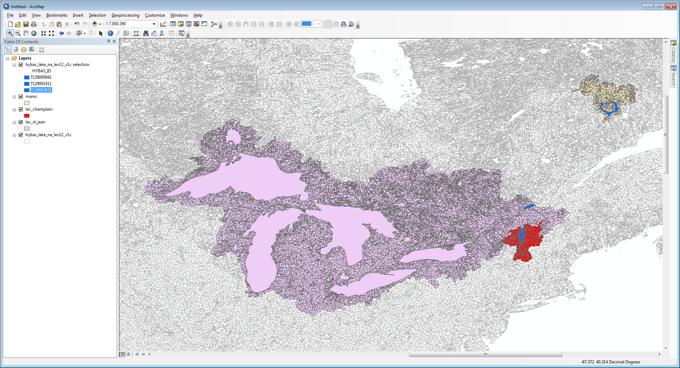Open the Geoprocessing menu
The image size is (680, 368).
pyautogui.click(x=125, y=15)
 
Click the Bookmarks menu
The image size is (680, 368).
pyautogui.click(x=57, y=15)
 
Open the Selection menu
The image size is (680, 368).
pyautogui.click(x=97, y=15)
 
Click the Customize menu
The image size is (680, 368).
pyautogui.click(x=155, y=15)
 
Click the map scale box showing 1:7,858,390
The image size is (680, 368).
pyautogui.click(x=128, y=24)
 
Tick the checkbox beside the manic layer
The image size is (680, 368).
pyautogui.click(x=21, y=96)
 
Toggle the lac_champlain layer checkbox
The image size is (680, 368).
pyautogui.click(x=21, y=109)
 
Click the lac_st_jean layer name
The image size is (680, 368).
pyautogui.click(x=35, y=122)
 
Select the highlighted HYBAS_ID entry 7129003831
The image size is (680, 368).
pyautogui.click(x=41, y=90)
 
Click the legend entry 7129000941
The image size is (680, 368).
pyautogui.click(x=41, y=77)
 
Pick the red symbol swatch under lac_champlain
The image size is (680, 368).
pyautogui.click(x=27, y=116)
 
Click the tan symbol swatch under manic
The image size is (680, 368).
pyautogui.click(x=27, y=103)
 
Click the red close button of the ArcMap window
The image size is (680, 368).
pyautogui.click(x=671, y=6)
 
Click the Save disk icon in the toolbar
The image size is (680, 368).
pyautogui.click(x=26, y=24)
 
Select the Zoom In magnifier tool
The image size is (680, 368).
pyautogui.click(x=10, y=33)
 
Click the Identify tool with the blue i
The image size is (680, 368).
pyautogui.click(x=110, y=33)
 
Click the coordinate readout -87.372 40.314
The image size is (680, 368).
pyautogui.click(x=611, y=362)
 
